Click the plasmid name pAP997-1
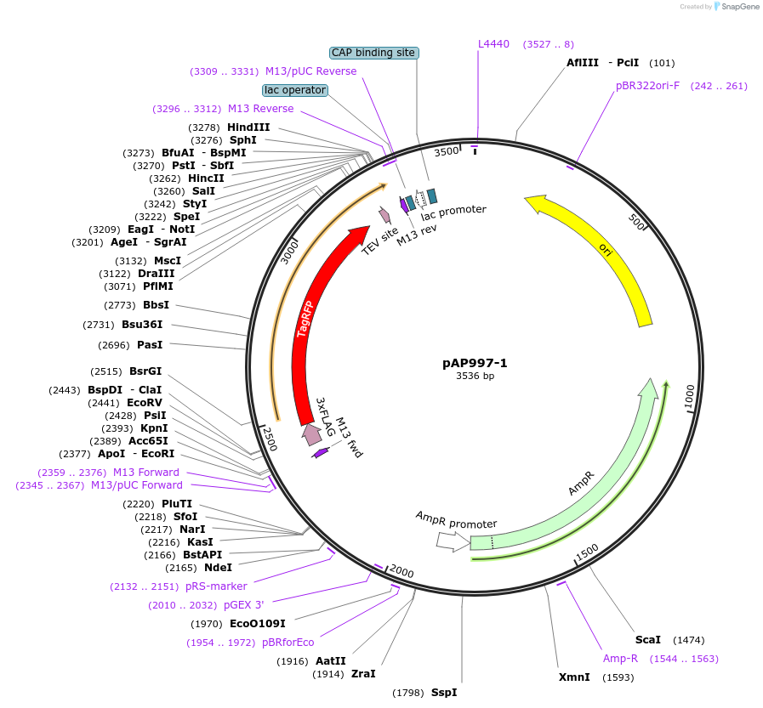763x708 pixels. pyautogui.click(x=475, y=363)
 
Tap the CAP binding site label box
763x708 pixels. pyautogui.click(x=373, y=53)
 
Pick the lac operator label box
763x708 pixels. pyautogui.click(x=295, y=90)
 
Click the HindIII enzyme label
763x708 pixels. pyautogui.click(x=248, y=127)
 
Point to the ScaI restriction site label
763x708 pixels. pyautogui.click(x=647, y=640)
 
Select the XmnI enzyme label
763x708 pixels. pyautogui.click(x=574, y=677)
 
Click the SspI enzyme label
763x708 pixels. pyautogui.click(x=444, y=693)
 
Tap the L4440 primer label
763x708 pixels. pyautogui.click(x=493, y=44)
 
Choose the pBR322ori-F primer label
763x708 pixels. pyautogui.click(x=647, y=86)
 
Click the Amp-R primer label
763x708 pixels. pyautogui.click(x=620, y=659)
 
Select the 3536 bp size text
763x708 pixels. pyautogui.click(x=475, y=376)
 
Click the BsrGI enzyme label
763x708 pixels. pyautogui.click(x=145, y=371)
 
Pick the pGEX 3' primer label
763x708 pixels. pyautogui.click(x=244, y=605)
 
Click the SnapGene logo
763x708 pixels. pyautogui.click(x=733, y=7)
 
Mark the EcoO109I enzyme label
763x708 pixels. pyautogui.click(x=258, y=624)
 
